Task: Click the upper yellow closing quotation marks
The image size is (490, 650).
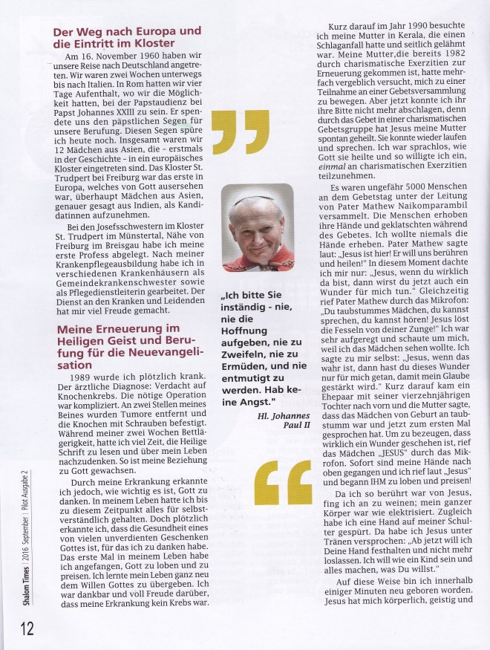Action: [x=240, y=134]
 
